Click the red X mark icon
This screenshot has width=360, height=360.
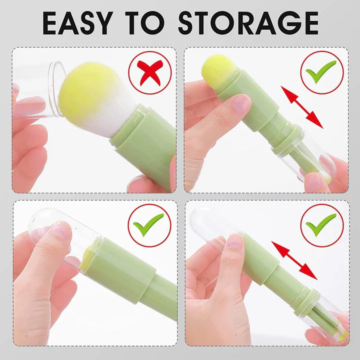(149, 73)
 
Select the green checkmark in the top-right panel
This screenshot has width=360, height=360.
(321, 72)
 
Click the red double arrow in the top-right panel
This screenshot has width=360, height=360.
(301, 107)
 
